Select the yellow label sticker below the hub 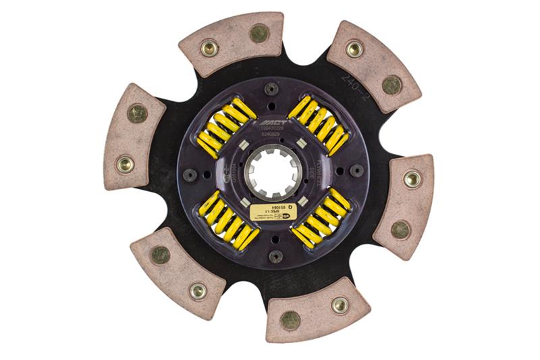coord(273,212)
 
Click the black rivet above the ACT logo coord(271,88)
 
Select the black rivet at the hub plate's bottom coord(275,256)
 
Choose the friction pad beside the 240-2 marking coord(373,66)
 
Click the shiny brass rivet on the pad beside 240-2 coord(354,48)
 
